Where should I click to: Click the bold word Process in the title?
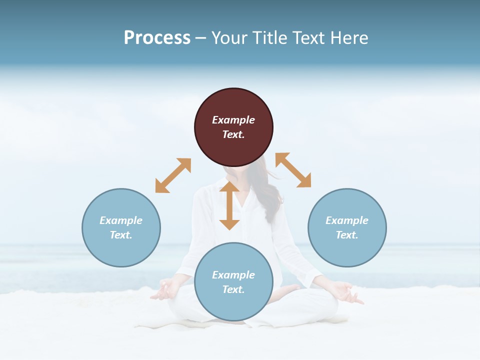tap(157, 38)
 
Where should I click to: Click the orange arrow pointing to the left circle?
tap(173, 175)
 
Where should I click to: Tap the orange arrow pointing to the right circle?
tap(293, 170)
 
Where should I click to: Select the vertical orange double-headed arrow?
tap(229, 205)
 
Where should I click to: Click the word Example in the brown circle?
tap(233, 120)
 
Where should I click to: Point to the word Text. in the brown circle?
tap(233, 134)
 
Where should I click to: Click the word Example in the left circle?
tap(121, 220)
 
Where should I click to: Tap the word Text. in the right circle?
tap(347, 235)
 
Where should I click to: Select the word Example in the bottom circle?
tap(233, 275)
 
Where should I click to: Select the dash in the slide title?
tap(201, 38)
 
